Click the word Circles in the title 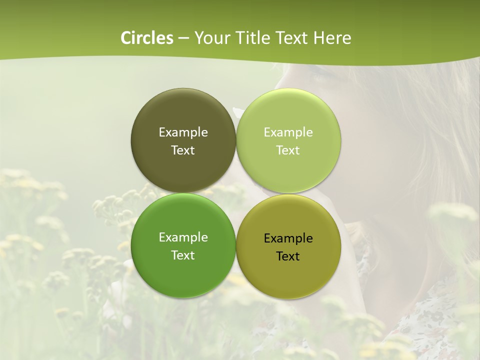147,38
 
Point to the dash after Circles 183,38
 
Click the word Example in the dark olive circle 183,132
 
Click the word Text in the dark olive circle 183,150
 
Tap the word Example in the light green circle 288,132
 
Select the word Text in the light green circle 288,150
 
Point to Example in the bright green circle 183,237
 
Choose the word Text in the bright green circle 183,255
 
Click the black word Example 288,238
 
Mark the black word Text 288,256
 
